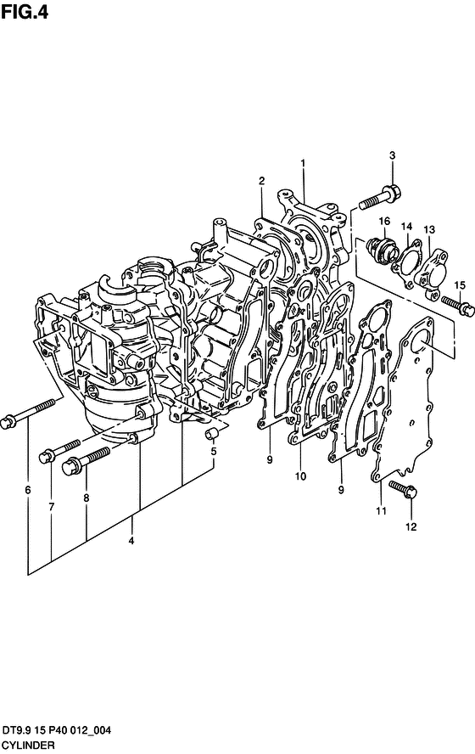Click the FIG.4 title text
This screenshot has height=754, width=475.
24,12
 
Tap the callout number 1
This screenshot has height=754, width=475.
303,164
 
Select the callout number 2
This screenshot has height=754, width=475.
261,181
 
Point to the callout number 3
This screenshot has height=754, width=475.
393,155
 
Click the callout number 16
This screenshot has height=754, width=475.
384,222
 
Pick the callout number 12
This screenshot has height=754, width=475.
411,527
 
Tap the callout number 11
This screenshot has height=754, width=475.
382,510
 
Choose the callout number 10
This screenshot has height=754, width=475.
300,476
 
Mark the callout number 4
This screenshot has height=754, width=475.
131,542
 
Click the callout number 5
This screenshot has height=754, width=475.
214,451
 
